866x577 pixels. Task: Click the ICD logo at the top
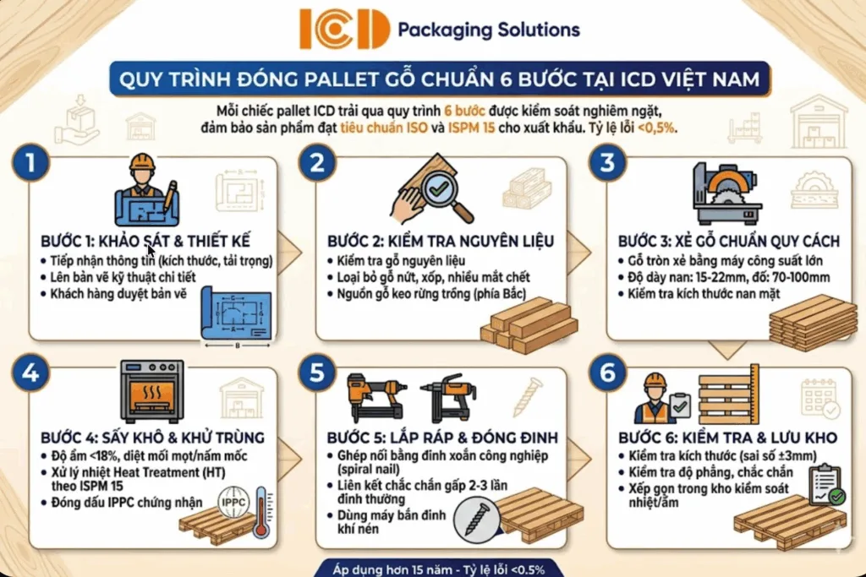343,30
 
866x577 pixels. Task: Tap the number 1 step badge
31,163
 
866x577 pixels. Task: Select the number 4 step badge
31,373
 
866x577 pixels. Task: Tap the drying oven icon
152,391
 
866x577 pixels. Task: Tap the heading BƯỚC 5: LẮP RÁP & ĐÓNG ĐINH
442,438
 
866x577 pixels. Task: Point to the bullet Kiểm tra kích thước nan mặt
704,293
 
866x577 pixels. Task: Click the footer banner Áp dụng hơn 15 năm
432,568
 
